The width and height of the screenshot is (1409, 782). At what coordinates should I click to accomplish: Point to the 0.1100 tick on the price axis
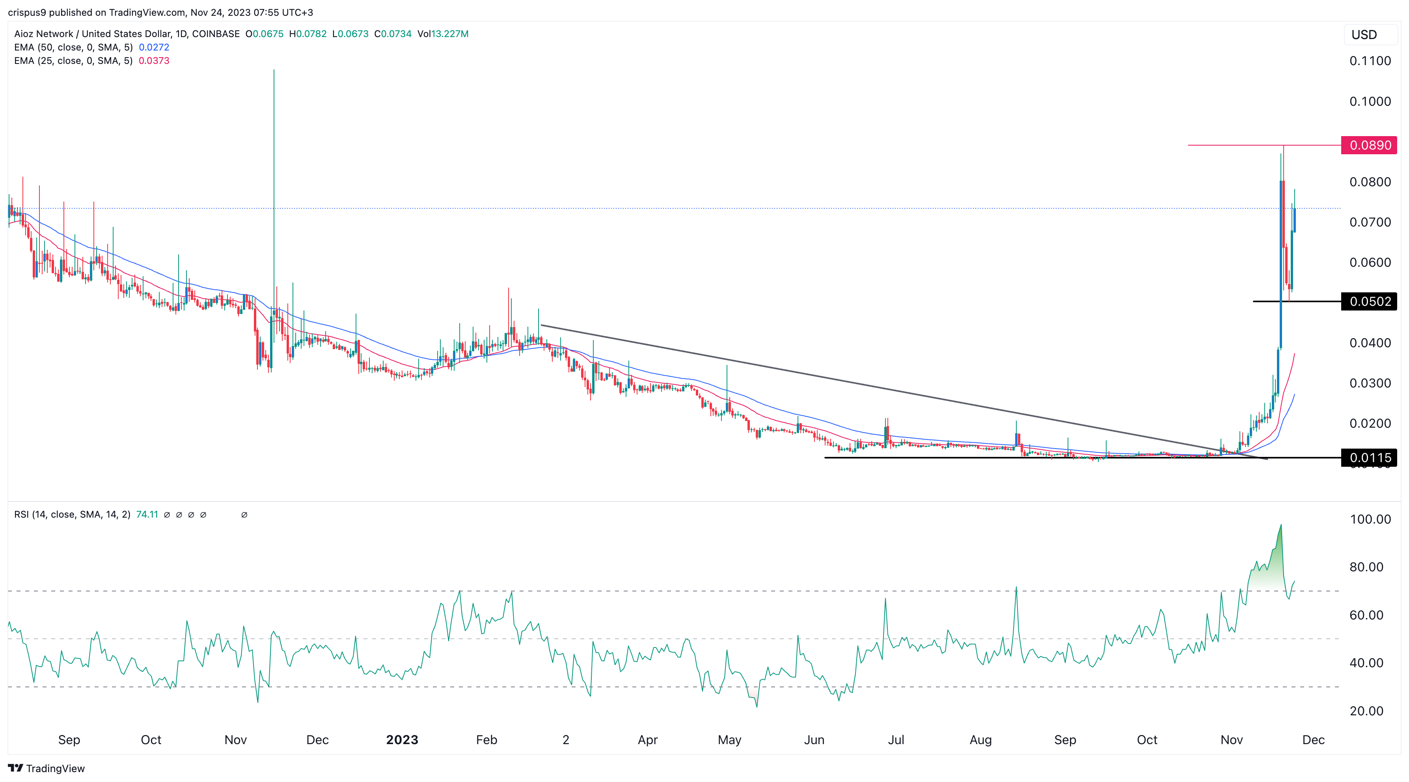point(1370,61)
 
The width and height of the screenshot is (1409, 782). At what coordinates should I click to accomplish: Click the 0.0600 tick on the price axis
point(1370,262)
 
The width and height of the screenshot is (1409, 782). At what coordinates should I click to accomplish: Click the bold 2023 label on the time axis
point(402,740)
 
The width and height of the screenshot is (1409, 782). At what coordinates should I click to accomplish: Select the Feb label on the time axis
point(486,740)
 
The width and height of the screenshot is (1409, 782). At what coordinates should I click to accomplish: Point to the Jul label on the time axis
point(895,740)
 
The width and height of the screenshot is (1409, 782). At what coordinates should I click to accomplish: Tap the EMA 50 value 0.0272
point(154,47)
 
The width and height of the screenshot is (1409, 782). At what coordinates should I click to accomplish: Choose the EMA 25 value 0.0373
point(154,61)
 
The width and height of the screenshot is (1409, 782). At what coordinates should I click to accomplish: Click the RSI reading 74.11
point(147,514)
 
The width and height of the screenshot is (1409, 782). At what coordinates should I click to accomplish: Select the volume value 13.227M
point(449,34)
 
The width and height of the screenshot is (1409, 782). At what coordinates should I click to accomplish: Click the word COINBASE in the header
point(216,34)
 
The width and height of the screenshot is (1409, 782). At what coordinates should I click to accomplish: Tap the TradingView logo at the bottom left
point(47,768)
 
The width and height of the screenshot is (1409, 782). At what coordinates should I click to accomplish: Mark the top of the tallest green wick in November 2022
point(274,70)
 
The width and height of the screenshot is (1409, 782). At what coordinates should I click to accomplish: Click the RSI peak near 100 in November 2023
point(1280,526)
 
